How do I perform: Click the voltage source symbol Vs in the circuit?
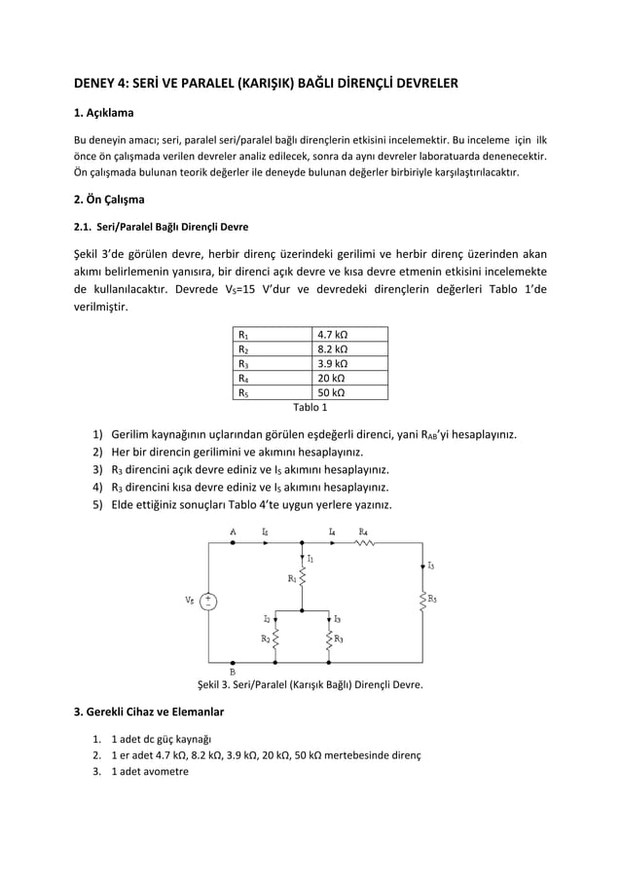point(208,601)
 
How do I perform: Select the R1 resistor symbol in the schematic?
point(304,579)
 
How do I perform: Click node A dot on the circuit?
point(234,543)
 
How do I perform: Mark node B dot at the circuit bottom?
point(234,659)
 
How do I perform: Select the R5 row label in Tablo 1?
point(244,393)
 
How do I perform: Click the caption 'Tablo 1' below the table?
point(310,407)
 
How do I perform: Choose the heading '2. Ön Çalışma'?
point(110,201)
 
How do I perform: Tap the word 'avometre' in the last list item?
point(165,772)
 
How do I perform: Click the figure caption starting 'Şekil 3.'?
point(310,684)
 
